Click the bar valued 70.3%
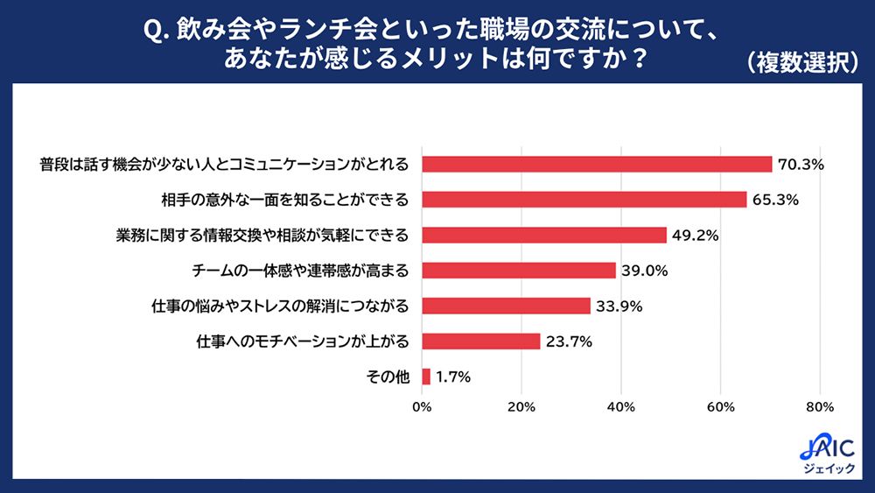[x=597, y=165]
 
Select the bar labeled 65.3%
[x=584, y=200]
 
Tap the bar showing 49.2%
[x=544, y=236]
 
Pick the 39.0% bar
[x=519, y=271]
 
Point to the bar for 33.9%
[x=506, y=306]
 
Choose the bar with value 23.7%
[x=480, y=342]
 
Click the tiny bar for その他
[x=426, y=377]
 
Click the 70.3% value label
[x=801, y=165]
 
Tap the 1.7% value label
[x=453, y=377]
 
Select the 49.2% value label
[x=696, y=236]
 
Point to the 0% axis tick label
[x=422, y=407]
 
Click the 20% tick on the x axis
[x=521, y=407]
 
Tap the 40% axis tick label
[x=621, y=407]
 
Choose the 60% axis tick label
[x=720, y=407]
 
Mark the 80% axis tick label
[x=820, y=407]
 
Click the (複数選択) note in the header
[x=801, y=63]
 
